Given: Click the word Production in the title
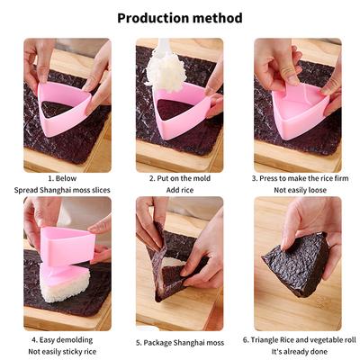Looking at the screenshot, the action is [153, 18].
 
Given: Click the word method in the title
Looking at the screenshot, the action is [217, 18].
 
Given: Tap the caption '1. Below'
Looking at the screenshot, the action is [62, 178].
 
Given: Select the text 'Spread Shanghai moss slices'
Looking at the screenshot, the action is [62, 190].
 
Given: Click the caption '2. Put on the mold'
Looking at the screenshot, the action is [180, 178].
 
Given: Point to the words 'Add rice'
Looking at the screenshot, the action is [180, 190].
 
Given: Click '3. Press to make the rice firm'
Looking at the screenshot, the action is [300, 178].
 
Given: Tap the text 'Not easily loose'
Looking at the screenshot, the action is [300, 190].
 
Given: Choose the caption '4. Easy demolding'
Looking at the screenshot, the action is [62, 340].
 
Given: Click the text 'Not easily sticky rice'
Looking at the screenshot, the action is [62, 352].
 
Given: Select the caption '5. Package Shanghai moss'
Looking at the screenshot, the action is [180, 343].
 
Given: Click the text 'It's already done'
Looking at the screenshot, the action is [300, 352].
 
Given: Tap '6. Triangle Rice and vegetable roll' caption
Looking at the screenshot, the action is [300, 340].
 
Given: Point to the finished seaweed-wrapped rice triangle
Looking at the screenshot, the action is [297, 264].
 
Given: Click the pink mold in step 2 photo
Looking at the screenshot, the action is [183, 112].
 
